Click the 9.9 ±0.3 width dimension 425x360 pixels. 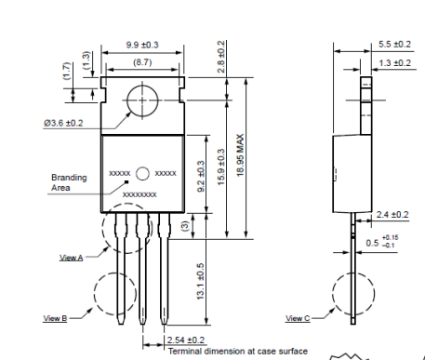click(142, 45)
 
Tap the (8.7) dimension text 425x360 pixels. click(142, 62)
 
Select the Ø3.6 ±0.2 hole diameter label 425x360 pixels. click(63, 123)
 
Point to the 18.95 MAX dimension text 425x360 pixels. click(241, 155)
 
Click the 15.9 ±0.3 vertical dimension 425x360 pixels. click(221, 167)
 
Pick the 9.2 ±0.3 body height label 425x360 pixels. click(201, 176)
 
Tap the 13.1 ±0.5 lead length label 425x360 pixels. click(201, 281)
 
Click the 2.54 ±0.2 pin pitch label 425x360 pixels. click(186, 340)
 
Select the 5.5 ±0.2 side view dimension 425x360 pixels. click(394, 44)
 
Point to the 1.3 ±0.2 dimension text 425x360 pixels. click(394, 63)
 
